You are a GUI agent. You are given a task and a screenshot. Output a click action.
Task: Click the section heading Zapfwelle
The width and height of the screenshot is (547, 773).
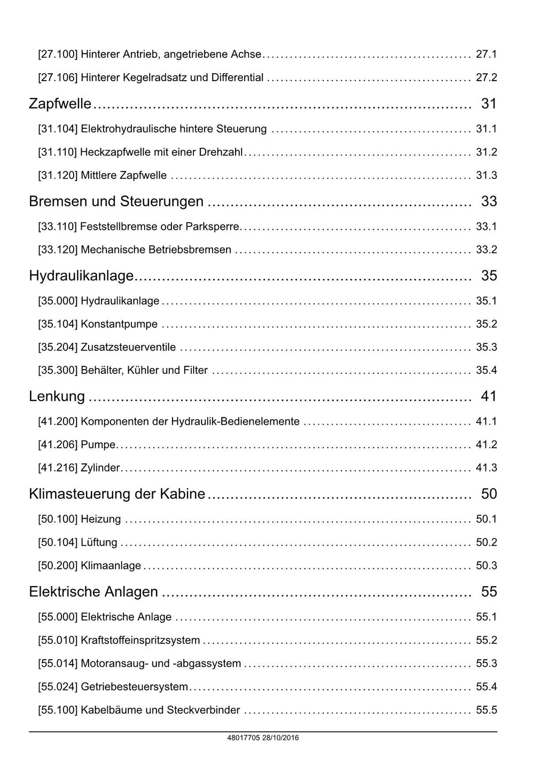[x=60, y=104]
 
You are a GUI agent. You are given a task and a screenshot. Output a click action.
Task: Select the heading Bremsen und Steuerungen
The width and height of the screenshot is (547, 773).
[x=116, y=201]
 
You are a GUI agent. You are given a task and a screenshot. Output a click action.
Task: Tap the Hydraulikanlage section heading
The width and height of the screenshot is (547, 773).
[x=81, y=276]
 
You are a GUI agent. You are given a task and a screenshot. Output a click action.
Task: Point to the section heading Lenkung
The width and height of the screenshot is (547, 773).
[x=57, y=396]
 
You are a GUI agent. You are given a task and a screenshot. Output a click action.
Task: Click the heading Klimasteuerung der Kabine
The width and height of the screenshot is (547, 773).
[x=117, y=494]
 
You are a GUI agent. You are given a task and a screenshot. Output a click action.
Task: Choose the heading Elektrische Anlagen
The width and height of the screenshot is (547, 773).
[x=93, y=592]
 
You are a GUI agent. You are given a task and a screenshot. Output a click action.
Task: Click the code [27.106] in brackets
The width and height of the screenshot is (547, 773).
[x=58, y=78]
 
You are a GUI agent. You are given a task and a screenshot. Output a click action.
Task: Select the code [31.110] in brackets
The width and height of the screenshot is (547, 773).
[x=58, y=152]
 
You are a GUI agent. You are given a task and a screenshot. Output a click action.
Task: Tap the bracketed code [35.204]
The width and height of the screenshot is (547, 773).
[x=58, y=347]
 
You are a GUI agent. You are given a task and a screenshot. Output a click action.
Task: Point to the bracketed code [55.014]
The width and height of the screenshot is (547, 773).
[x=58, y=664]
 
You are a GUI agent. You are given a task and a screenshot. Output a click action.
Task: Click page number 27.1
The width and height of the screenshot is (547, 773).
[x=486, y=54]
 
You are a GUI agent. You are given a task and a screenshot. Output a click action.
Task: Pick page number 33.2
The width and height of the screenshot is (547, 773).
[x=486, y=249]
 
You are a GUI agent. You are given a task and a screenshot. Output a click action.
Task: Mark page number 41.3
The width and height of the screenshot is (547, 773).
[x=486, y=468]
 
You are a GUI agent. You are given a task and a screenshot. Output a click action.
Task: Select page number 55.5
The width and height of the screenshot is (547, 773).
[x=486, y=710]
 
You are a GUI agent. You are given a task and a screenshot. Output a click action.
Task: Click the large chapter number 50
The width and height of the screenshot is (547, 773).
[x=489, y=494]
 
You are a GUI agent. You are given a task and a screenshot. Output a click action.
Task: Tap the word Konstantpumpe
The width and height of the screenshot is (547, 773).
[x=119, y=324]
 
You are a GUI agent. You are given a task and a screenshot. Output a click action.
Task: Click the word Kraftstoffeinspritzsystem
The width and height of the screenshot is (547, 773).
[x=140, y=641]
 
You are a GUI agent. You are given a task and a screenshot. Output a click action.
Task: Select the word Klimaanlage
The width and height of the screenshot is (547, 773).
[x=111, y=566]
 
